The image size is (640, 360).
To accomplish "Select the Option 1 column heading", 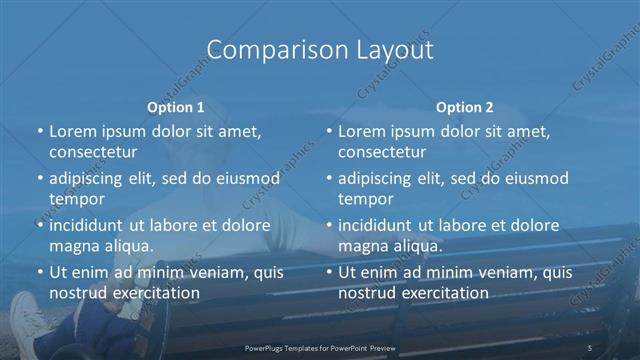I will [x=176, y=106].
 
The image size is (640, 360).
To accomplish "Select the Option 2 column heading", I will [x=465, y=106].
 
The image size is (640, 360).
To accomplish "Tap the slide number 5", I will [x=591, y=346].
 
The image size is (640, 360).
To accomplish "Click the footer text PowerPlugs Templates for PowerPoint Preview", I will [x=319, y=346].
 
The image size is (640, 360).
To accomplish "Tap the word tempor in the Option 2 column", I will [x=365, y=199].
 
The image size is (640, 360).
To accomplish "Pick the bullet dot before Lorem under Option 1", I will [x=39, y=131].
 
